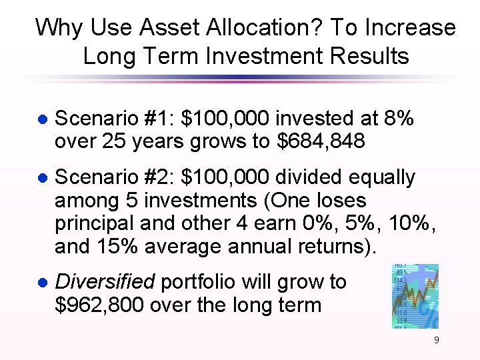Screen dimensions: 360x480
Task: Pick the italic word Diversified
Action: pos(104,282)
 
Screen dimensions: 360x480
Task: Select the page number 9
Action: pos(436,341)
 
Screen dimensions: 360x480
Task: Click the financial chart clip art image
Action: pos(415,296)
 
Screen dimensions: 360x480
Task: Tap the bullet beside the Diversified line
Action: pos(41,283)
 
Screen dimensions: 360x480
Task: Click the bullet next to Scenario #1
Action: pos(41,120)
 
